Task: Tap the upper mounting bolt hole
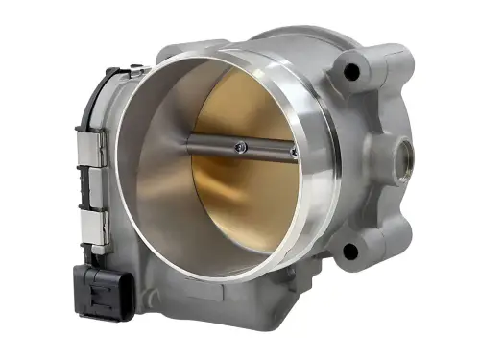[x=352, y=71]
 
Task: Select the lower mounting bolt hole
[x=349, y=252]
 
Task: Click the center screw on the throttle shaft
[x=240, y=146]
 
